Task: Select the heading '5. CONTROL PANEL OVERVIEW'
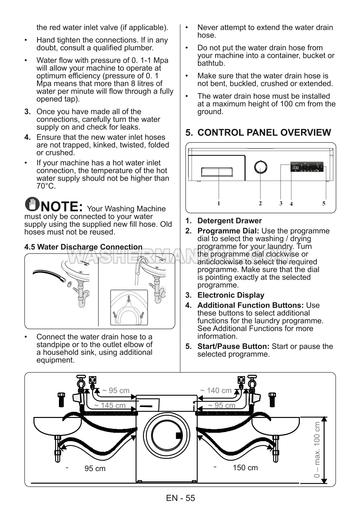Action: (258, 132)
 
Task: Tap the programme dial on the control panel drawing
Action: (261, 168)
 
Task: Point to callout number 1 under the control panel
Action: (219, 203)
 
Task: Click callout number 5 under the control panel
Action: (324, 203)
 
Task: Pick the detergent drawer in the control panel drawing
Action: (217, 172)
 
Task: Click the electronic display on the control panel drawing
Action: (307, 167)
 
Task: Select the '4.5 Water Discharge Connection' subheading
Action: (83, 247)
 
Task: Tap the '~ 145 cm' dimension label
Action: (110, 405)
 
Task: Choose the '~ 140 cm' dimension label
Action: (216, 391)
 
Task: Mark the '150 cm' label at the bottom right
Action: (245, 468)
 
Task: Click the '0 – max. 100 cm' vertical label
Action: (317, 450)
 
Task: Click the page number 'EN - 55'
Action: (180, 498)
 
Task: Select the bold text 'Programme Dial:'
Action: (228, 231)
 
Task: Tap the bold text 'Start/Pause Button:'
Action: (233, 346)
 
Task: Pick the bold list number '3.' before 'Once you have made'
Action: (28, 112)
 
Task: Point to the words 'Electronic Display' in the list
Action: (231, 295)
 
